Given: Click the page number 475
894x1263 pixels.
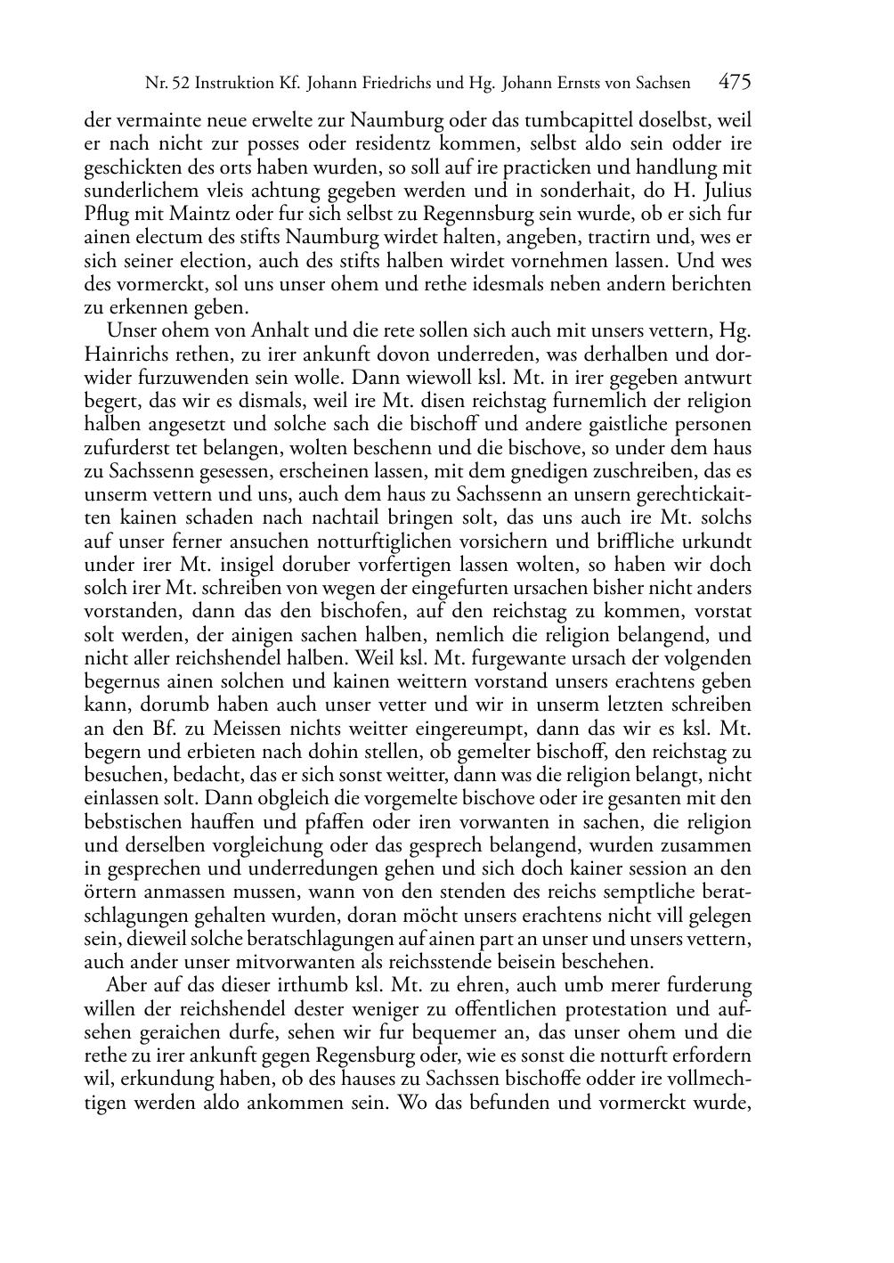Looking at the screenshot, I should tap(735, 83).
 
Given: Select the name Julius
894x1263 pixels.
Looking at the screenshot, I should tap(725, 190).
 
